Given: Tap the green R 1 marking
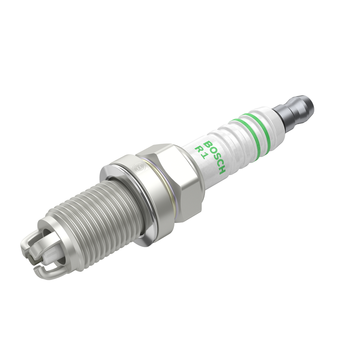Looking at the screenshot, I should click(201, 152).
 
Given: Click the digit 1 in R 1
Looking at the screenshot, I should click(203, 156).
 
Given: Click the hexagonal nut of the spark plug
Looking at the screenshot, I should click(172, 179).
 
